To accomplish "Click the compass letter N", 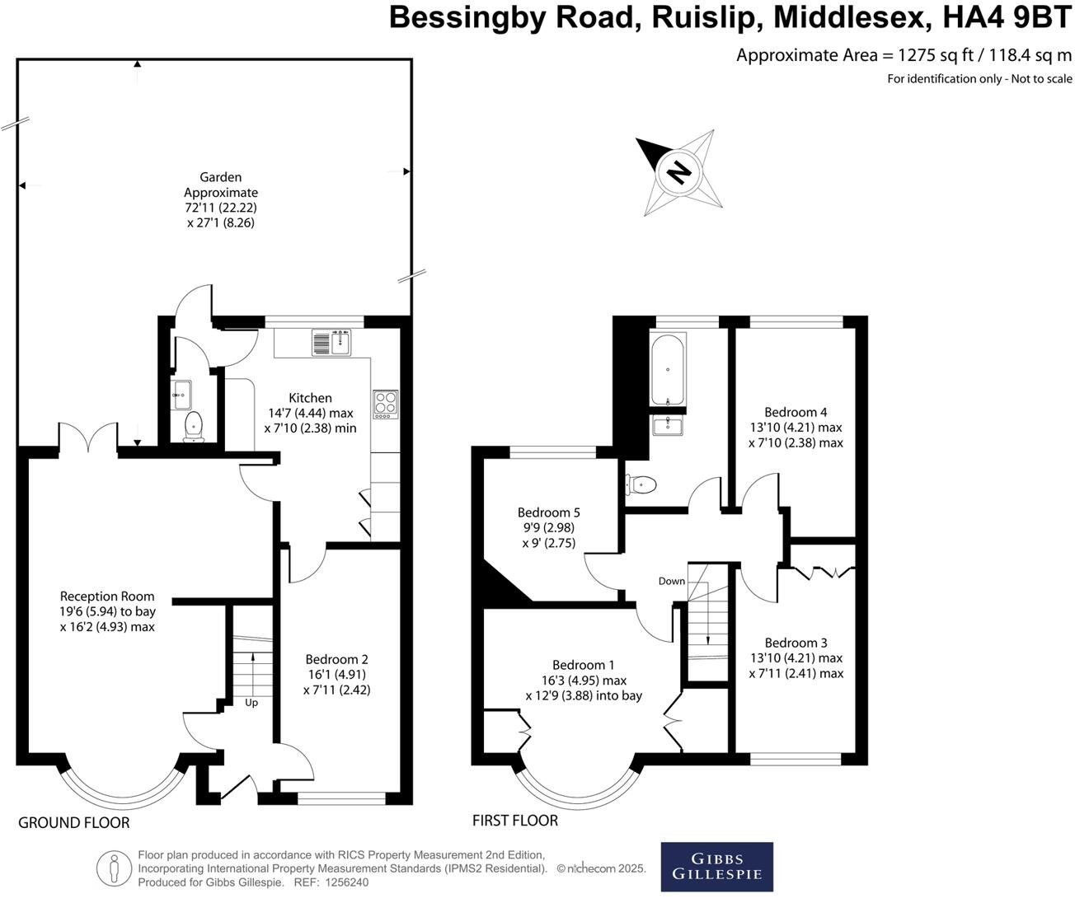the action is [679, 172].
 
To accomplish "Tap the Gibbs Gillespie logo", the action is [716, 867].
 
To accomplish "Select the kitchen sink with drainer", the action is [331, 343].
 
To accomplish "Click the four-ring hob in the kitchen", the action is [386, 405].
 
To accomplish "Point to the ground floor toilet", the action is [194, 427].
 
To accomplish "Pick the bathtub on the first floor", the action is [668, 370].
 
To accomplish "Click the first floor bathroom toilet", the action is [641, 484].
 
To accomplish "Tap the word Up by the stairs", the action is [251, 703].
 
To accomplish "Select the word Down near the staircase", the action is [672, 581].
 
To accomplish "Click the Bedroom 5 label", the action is [549, 512].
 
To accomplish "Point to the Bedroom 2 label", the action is [336, 659].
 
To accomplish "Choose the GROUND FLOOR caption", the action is [73, 823].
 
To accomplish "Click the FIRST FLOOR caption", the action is [515, 821].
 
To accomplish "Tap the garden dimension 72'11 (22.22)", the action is [221, 208].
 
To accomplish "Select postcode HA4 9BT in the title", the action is [1007, 17].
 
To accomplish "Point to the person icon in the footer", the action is [115, 868].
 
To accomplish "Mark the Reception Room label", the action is [107, 597].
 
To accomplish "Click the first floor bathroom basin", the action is [668, 425].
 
